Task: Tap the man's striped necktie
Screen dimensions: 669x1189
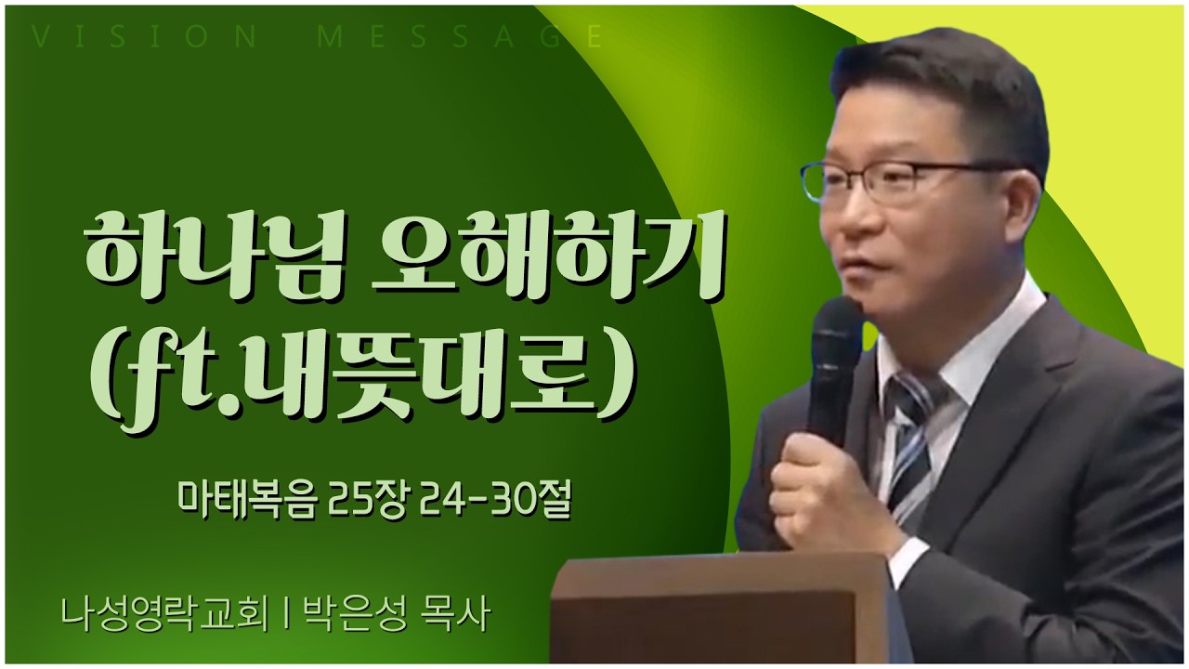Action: point(910,446)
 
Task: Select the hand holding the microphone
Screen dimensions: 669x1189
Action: point(817,483)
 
